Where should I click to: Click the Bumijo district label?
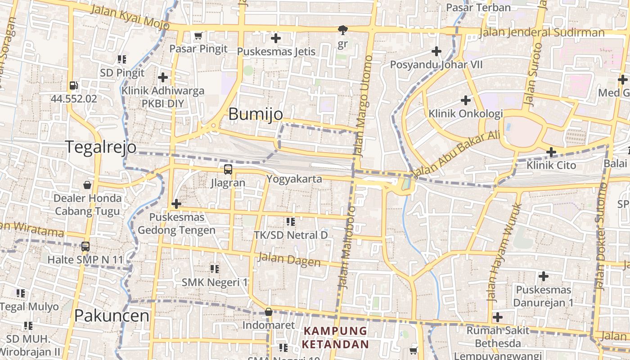click(x=256, y=114)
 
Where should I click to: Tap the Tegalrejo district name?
click(x=101, y=147)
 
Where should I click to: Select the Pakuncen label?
click(x=112, y=315)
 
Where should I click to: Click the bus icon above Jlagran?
click(x=228, y=170)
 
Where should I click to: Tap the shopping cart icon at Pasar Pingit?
click(x=198, y=35)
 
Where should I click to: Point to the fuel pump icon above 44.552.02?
click(x=73, y=85)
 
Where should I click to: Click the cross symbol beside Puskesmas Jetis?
click(x=276, y=38)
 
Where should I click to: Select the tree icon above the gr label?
click(x=343, y=30)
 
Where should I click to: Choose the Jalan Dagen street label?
click(x=288, y=260)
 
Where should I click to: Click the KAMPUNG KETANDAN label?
click(x=335, y=337)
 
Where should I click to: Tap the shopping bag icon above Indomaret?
click(x=269, y=312)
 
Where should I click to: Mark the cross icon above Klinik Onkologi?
click(x=466, y=100)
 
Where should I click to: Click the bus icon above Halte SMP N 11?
click(x=85, y=247)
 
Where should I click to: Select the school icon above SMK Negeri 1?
click(x=215, y=269)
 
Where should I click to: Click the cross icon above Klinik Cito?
click(x=551, y=152)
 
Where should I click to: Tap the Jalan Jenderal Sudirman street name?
click(x=541, y=32)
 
